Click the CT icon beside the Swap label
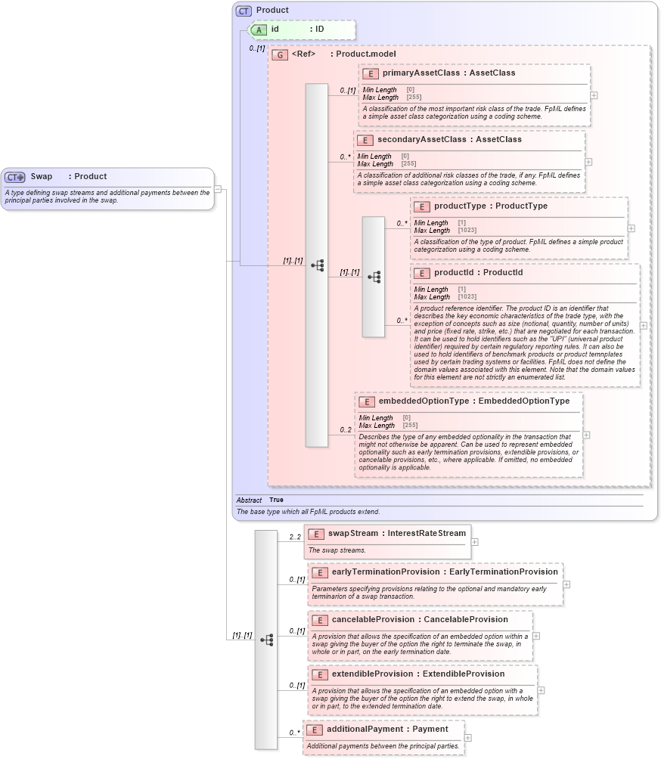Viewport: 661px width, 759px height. click(x=15, y=177)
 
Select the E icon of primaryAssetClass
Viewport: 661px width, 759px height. click(x=371, y=73)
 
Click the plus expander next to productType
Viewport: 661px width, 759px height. click(x=632, y=228)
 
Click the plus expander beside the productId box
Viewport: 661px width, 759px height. click(x=644, y=325)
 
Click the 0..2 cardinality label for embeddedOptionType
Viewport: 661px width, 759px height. click(x=346, y=430)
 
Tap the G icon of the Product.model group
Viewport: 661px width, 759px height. click(x=280, y=55)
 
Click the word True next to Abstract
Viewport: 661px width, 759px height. click(x=276, y=500)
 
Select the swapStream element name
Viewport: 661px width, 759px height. click(x=353, y=534)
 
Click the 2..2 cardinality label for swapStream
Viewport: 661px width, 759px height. click(x=295, y=537)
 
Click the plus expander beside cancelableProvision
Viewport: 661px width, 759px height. click(x=536, y=636)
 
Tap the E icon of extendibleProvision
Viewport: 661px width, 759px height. click(x=319, y=674)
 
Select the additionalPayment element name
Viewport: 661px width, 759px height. click(x=366, y=730)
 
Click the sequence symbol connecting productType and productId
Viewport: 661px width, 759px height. click(x=374, y=277)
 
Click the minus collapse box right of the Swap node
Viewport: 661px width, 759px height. click(x=218, y=189)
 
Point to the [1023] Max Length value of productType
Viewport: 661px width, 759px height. click(x=467, y=230)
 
